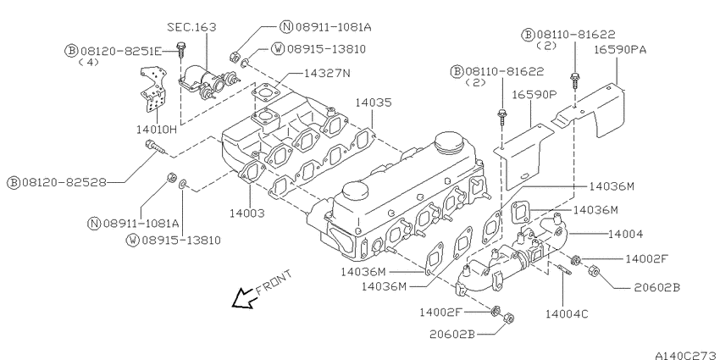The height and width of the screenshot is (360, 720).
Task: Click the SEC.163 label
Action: point(191,27)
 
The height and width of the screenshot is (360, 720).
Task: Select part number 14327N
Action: point(326,73)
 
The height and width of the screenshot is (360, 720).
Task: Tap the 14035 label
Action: point(374,102)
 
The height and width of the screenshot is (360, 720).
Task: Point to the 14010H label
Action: point(156,130)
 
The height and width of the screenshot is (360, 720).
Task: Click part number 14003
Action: point(247,213)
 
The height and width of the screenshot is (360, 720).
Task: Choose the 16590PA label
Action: point(620,50)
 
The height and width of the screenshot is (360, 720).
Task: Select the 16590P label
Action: point(534,95)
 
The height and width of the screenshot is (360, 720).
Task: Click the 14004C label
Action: point(567,314)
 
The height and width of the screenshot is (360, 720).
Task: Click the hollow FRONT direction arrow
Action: point(243,299)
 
